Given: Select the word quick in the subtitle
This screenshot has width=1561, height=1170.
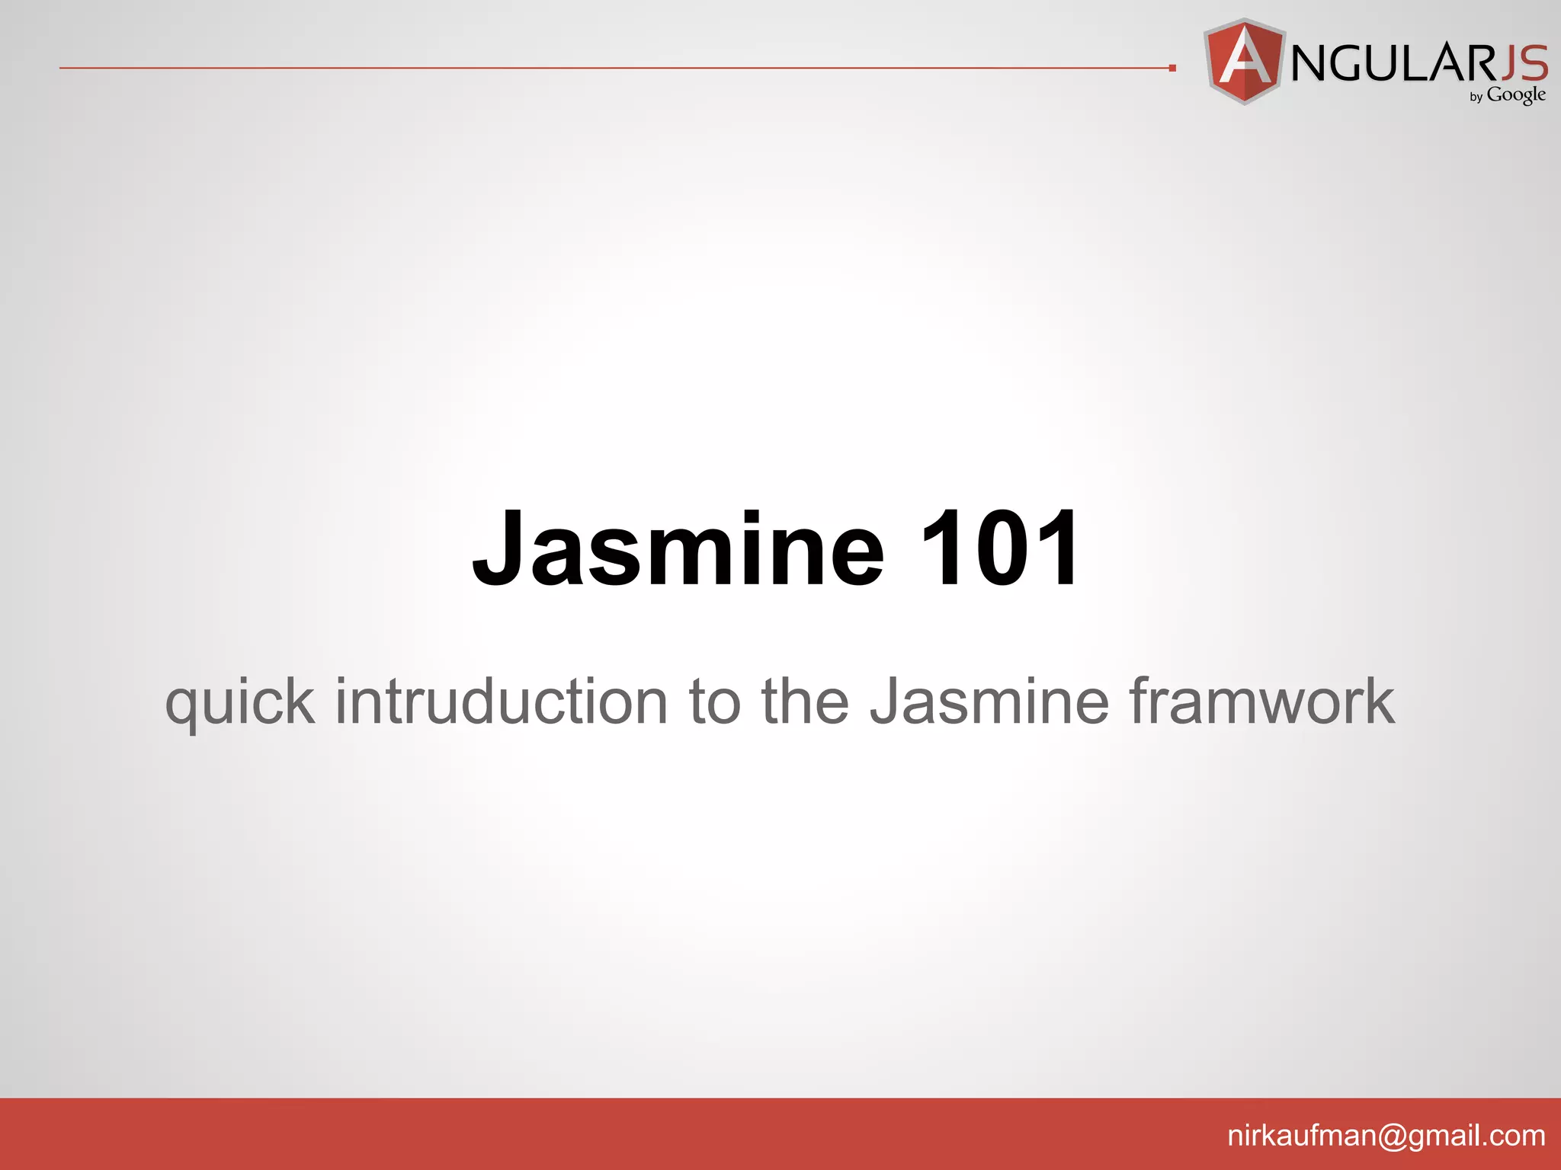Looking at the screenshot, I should tap(239, 702).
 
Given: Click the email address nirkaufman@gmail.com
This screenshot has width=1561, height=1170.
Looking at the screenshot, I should tap(1386, 1136).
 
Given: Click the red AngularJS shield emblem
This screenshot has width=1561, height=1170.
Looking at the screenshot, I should tap(1245, 61).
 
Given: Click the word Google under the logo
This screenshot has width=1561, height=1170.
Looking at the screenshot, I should tap(1516, 95).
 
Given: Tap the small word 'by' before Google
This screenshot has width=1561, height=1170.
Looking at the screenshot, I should tap(1476, 97).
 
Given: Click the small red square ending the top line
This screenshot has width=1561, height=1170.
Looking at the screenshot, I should tap(1172, 69).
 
